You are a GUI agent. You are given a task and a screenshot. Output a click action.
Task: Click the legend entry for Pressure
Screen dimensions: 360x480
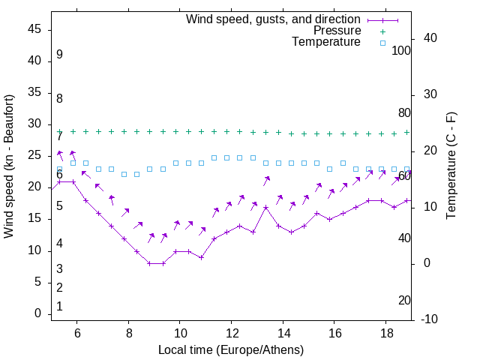[337, 31]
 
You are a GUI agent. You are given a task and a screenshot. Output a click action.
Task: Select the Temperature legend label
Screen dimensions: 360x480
[326, 43]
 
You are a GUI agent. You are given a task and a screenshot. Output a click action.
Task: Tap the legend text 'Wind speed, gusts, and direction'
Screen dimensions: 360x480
[274, 19]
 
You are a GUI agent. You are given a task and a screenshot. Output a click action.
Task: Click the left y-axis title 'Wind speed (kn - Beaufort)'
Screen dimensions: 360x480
[9, 166]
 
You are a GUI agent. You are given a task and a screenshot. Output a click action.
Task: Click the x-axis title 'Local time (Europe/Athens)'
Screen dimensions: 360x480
[231, 350]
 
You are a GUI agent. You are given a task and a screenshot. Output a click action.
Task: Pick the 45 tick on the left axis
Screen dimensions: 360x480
[34, 30]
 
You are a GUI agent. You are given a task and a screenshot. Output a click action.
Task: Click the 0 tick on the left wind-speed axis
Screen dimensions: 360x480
[37, 313]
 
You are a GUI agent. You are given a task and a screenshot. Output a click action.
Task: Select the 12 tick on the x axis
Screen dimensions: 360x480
[231, 333]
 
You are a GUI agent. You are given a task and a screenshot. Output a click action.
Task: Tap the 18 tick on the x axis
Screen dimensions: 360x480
[385, 333]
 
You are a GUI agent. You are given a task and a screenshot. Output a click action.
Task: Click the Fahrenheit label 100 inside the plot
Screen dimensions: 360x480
[401, 51]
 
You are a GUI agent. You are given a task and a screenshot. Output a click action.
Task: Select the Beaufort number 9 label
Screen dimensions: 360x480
[59, 55]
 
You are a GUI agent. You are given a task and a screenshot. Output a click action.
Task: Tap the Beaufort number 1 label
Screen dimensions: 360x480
[59, 307]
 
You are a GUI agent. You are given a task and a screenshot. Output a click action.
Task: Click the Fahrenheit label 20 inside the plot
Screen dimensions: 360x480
[404, 300]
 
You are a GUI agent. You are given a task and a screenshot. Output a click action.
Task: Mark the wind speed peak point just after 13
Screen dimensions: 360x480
[265, 207]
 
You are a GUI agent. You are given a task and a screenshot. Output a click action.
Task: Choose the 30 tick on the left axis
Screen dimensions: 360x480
[34, 124]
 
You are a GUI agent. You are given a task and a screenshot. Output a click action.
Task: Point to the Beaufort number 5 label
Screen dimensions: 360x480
[59, 206]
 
